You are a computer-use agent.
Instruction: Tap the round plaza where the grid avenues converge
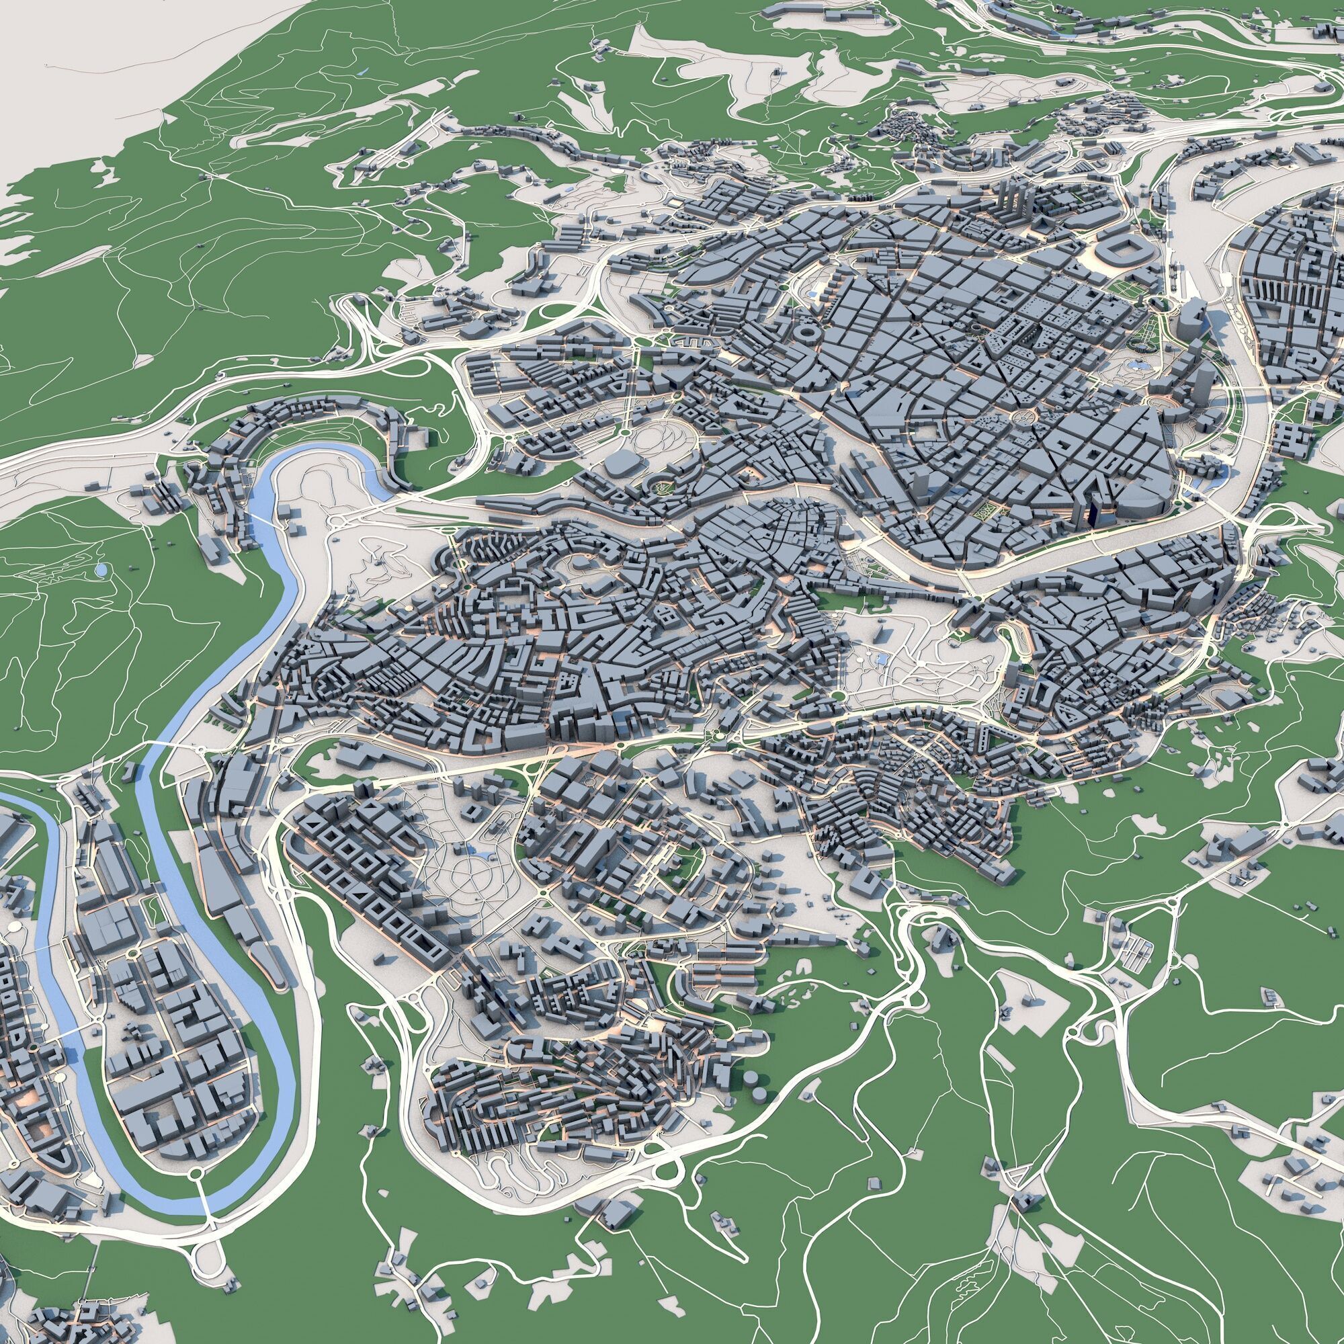1023,417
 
